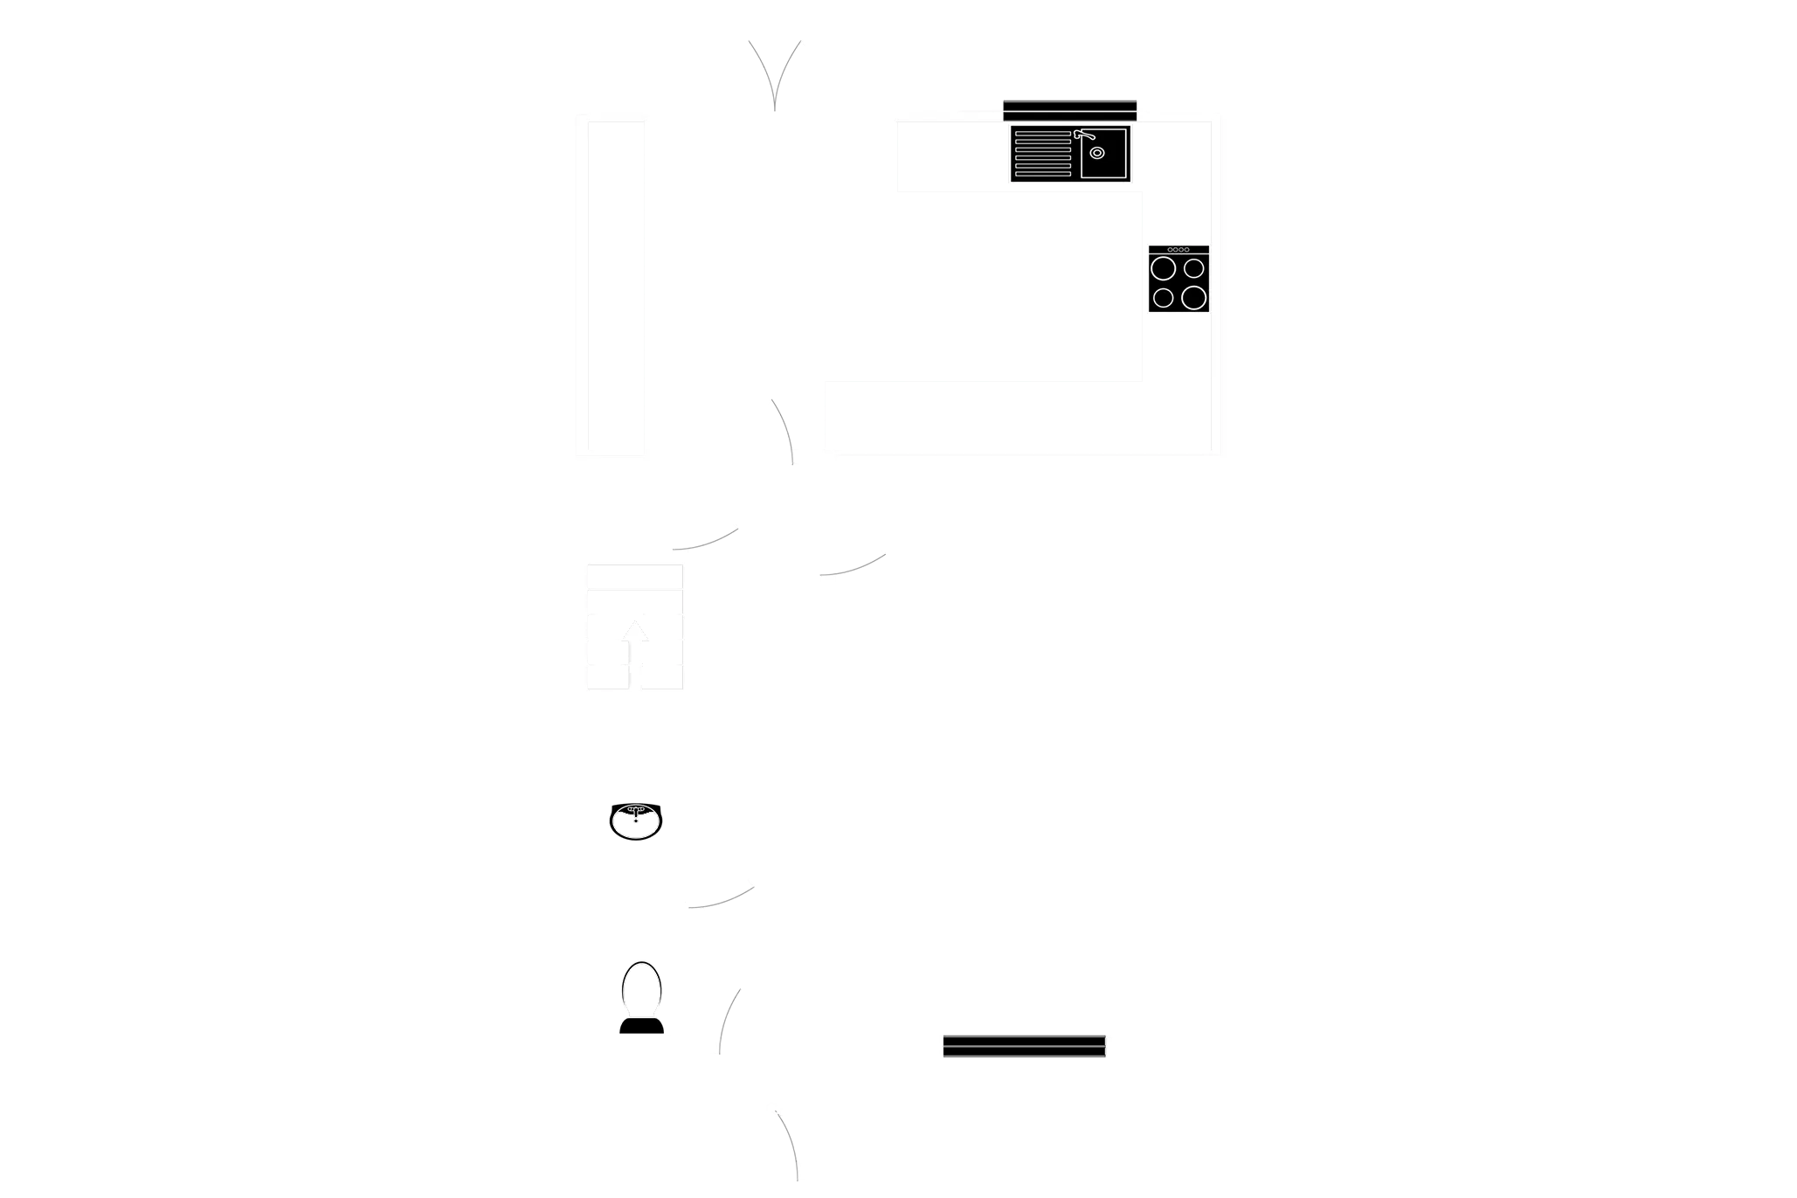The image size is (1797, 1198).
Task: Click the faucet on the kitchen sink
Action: click(1083, 135)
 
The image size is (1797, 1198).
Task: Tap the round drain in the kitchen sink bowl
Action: click(1097, 153)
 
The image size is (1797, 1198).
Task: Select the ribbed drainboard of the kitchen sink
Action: click(1042, 154)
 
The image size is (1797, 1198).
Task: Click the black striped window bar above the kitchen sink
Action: click(1069, 110)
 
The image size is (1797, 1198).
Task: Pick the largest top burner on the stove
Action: click(1162, 268)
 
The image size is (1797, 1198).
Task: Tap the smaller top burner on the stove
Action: click(1194, 268)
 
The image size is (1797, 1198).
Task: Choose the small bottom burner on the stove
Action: click(1163, 298)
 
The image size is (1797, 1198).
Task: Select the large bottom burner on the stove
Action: click(1193, 298)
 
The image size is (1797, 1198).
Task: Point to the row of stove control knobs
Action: click(1178, 250)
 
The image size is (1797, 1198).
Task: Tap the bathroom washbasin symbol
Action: click(636, 822)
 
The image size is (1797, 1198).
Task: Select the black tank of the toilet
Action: click(640, 1025)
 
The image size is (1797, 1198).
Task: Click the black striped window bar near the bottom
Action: click(1024, 1048)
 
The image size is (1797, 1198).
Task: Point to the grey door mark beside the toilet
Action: click(729, 1020)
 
